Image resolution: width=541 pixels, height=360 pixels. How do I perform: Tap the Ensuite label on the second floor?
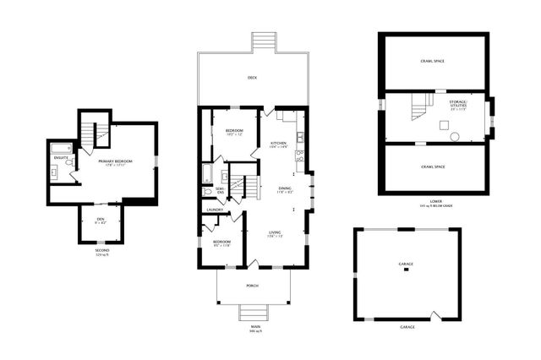pos(61,157)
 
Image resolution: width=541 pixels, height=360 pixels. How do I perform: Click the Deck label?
pos(252,79)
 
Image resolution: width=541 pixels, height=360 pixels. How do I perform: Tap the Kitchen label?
pos(280,144)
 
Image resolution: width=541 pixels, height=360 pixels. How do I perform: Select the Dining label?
pos(285,190)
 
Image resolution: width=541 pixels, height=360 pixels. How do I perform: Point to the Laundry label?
pos(214,210)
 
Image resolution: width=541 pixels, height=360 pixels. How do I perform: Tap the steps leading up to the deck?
pos(265,42)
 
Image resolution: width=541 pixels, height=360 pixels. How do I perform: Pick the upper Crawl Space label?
pos(432,62)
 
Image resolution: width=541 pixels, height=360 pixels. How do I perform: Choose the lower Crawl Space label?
pos(432,166)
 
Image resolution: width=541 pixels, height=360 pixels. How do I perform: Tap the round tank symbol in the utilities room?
pos(454,136)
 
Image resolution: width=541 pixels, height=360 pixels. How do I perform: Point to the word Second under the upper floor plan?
pos(101,250)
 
